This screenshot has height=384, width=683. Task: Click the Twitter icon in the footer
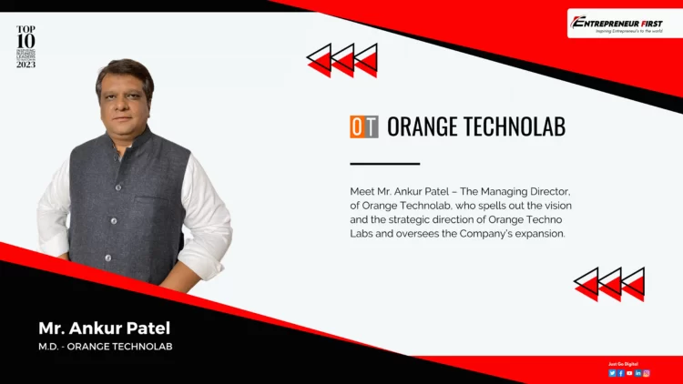pos(613,373)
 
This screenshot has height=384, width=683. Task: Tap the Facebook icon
pos(621,373)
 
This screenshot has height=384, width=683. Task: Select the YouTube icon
pos(629,373)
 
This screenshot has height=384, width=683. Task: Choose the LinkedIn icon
pos(638,373)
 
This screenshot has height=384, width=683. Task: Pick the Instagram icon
pos(647,373)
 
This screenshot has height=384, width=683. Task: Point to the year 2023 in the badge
pos(25,65)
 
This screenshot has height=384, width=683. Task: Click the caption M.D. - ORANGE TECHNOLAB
pos(105,347)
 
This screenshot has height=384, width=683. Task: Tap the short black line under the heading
pos(384,164)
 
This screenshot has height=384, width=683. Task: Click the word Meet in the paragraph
pos(362,192)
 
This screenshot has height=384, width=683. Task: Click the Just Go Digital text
pos(624,364)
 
